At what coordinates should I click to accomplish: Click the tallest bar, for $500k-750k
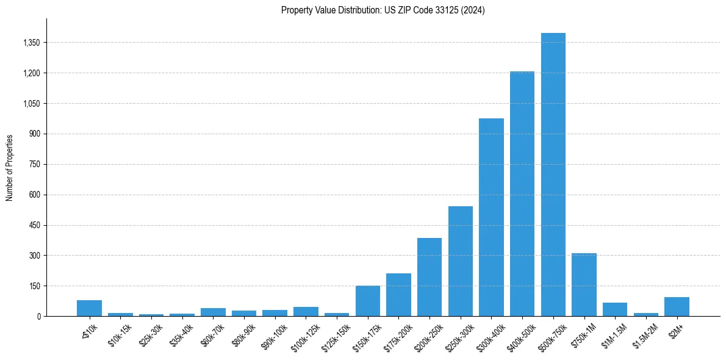[553, 175]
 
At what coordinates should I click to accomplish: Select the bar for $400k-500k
[522, 194]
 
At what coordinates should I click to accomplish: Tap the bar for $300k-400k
[491, 217]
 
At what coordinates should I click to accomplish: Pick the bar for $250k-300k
[461, 261]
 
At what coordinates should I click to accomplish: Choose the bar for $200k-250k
[429, 277]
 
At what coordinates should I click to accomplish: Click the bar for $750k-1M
[584, 284]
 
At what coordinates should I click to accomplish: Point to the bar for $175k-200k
[398, 295]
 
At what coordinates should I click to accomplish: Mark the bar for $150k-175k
[368, 301]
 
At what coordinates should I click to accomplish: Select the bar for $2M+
[677, 307]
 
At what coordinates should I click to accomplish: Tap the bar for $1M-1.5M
[615, 309]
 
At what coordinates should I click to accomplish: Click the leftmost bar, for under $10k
[90, 308]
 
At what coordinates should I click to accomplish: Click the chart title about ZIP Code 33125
[383, 10]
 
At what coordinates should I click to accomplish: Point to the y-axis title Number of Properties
[10, 168]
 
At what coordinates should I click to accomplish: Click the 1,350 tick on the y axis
[31, 43]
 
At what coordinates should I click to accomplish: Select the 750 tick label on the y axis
[34, 164]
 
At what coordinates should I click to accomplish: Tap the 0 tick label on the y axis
[38, 316]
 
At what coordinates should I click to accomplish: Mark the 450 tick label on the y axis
[34, 225]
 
